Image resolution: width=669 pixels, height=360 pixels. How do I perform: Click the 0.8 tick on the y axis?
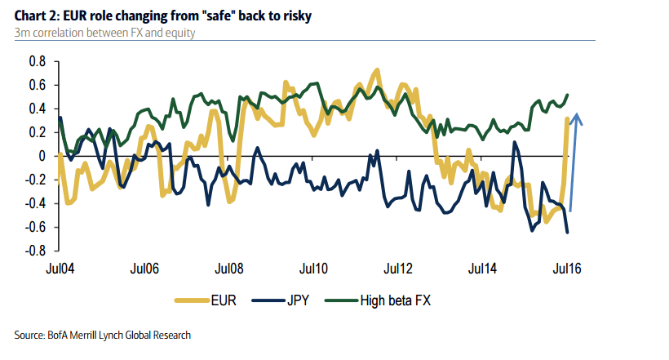click(x=37, y=61)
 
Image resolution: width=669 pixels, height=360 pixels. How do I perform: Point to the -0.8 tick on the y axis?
click(x=35, y=251)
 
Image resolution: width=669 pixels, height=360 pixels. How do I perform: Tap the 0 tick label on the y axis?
click(x=42, y=156)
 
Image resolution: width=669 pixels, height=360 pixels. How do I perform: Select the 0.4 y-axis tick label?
click(x=37, y=109)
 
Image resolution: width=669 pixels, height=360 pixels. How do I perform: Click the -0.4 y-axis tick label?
click(x=35, y=203)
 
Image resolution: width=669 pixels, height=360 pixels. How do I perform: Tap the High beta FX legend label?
click(x=395, y=300)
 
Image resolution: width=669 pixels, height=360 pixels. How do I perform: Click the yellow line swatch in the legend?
click(x=193, y=300)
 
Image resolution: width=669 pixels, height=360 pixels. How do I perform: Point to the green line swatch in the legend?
click(x=341, y=300)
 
